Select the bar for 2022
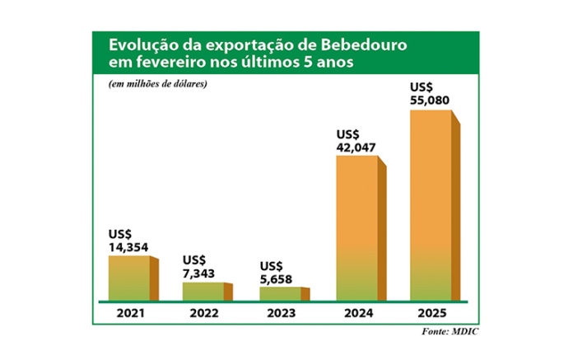(203, 292)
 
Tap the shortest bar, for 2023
(280, 294)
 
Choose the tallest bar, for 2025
(431, 205)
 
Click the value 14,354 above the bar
(128, 246)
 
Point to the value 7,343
(202, 273)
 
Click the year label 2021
(129, 314)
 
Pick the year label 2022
(203, 314)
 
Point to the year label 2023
(280, 314)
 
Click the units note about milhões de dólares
(156, 85)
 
